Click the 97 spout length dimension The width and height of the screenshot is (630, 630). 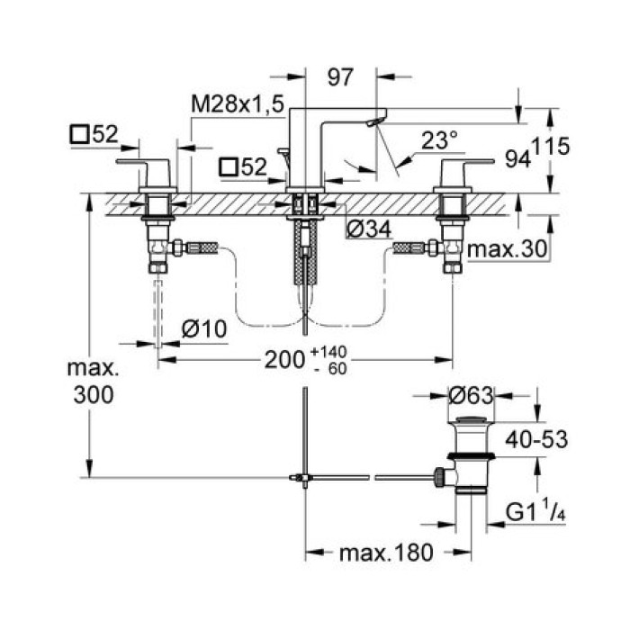click(339, 78)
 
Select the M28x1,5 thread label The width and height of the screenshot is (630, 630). click(238, 104)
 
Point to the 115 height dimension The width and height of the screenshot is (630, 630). click(552, 146)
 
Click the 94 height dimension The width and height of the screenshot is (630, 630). click(517, 159)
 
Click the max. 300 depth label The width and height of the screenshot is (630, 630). click(93, 382)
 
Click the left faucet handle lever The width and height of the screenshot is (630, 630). click(139, 166)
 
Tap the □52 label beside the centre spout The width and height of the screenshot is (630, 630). click(247, 165)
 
